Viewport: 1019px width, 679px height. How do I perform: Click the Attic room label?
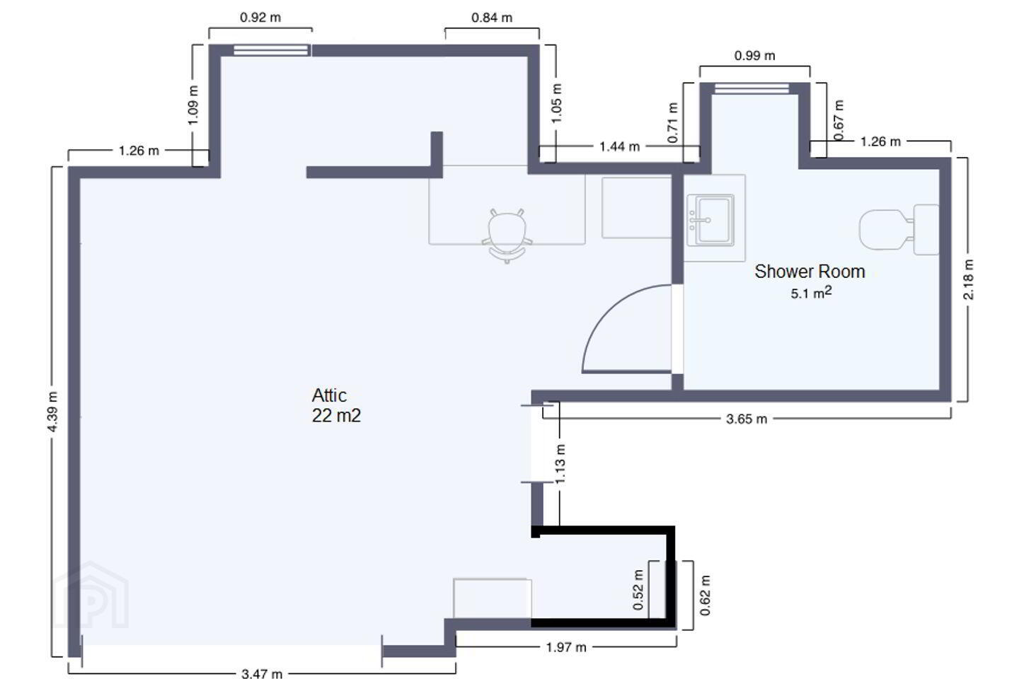coord(329,395)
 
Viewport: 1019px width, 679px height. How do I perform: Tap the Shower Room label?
coord(810,272)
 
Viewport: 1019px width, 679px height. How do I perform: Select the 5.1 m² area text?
coord(811,292)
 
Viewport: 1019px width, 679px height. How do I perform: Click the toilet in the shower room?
coord(899,230)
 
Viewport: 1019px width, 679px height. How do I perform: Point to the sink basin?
coord(710,220)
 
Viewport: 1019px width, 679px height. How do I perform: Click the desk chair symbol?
coord(507,236)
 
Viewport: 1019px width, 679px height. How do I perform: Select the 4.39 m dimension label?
coord(53,412)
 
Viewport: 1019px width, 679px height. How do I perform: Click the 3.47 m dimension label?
coord(262,673)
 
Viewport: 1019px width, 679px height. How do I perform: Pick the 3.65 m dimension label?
coord(747,419)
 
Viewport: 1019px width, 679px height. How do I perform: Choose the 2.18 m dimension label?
coord(968,279)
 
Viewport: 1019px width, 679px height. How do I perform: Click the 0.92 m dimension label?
coord(260,18)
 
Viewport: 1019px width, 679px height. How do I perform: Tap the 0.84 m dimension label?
coord(492,18)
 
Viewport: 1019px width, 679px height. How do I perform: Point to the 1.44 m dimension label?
coord(619,146)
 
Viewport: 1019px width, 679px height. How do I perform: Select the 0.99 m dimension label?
coord(754,55)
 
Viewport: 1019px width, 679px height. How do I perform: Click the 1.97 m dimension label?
coord(566,647)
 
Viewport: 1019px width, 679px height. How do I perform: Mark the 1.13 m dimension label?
coord(560,464)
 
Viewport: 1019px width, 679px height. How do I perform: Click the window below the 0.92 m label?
coord(271,50)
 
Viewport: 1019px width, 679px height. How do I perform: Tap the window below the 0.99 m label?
coord(752,88)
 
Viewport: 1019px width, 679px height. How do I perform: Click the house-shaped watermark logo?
coord(91,596)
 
